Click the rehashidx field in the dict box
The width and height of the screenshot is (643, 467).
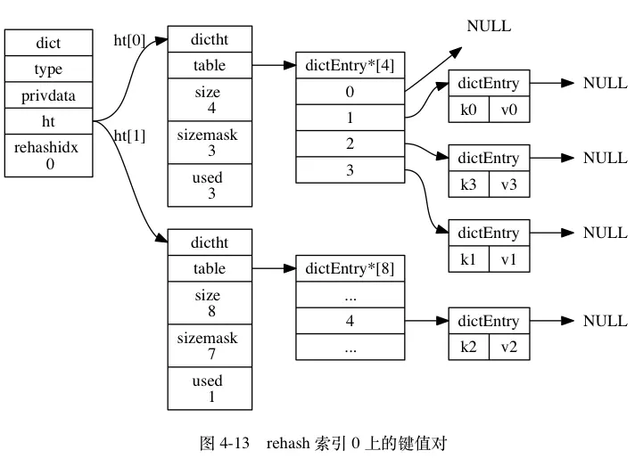point(48,156)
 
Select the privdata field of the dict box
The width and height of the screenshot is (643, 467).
point(48,95)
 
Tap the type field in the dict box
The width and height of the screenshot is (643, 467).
point(48,69)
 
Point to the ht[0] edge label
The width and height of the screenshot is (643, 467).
point(129,40)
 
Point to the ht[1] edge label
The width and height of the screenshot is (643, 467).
point(129,135)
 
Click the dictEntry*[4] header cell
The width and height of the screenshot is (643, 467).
point(350,65)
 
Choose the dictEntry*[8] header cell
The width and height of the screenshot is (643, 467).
point(350,268)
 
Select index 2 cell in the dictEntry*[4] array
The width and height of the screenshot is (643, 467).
point(350,143)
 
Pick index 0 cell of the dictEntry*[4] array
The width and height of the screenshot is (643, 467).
point(350,92)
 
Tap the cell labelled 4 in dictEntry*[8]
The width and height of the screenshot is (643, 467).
point(350,320)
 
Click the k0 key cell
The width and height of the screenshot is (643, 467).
point(469,110)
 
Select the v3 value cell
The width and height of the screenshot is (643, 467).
point(509,184)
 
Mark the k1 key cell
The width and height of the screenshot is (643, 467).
point(469,259)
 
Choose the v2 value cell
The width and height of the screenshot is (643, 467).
point(509,347)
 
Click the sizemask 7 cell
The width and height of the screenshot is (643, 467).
point(210,345)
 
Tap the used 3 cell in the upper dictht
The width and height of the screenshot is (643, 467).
point(210,185)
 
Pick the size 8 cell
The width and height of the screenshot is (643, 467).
point(210,303)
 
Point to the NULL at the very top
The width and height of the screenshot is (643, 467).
point(489,26)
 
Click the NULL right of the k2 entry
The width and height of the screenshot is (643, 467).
point(606,321)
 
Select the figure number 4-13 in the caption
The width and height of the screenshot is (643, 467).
point(235,443)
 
